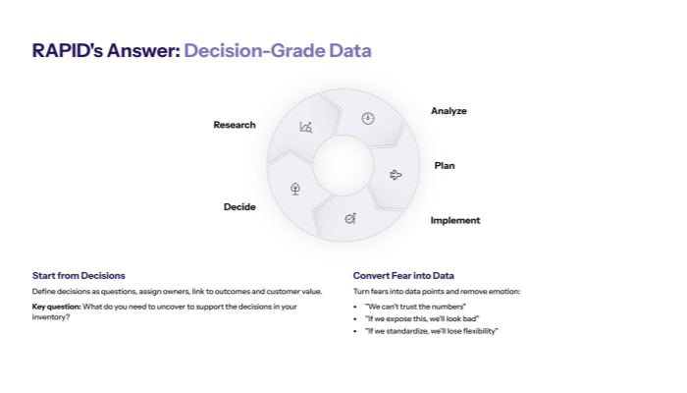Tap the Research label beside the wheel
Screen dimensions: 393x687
point(235,125)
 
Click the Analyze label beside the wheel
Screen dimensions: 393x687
point(449,111)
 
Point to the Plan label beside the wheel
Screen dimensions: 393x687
point(445,165)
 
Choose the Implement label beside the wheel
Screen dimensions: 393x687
point(454,220)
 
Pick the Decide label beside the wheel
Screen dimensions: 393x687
point(239,206)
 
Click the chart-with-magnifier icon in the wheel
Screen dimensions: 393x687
point(306,127)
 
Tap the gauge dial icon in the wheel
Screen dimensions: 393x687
point(368,118)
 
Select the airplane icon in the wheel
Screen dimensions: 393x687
point(396,175)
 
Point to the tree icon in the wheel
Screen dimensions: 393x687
point(295,188)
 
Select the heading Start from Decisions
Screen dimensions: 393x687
point(79,275)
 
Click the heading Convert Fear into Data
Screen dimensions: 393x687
point(403,275)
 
